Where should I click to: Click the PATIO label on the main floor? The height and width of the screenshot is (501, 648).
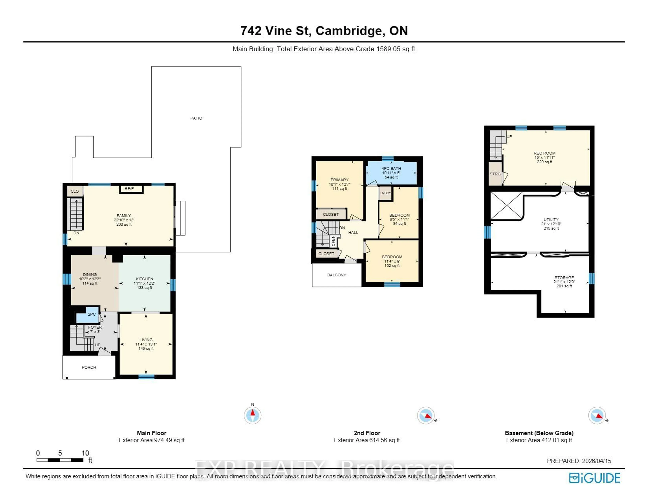click(x=196, y=118)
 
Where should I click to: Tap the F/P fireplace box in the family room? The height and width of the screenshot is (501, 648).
click(x=131, y=189)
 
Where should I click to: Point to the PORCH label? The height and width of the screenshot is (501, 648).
click(x=89, y=367)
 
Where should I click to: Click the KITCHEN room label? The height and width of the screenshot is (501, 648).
click(x=144, y=279)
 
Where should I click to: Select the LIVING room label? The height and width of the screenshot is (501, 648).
click(x=146, y=340)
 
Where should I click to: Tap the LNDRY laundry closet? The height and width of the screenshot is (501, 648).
click(x=385, y=193)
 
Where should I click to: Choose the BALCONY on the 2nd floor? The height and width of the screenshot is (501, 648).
click(x=336, y=275)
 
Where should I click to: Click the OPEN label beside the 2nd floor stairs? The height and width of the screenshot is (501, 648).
click(x=333, y=241)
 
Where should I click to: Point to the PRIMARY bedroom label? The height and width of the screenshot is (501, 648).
click(x=339, y=180)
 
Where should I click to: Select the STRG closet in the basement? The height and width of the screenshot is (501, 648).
click(x=495, y=174)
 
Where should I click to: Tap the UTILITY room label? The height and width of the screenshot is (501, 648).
click(x=551, y=220)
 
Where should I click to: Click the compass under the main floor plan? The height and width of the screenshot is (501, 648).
click(x=252, y=415)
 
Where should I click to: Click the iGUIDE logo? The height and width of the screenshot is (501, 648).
click(x=595, y=478)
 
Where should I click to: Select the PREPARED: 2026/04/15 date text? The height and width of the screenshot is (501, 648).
click(x=579, y=461)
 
